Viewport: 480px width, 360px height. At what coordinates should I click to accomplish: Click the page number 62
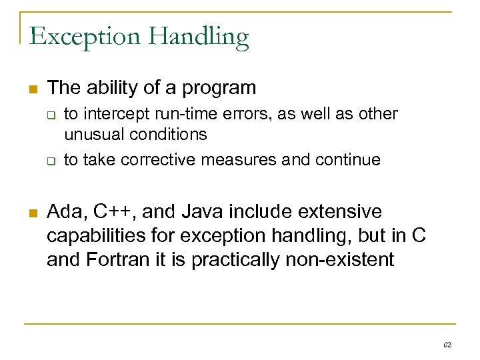(447, 345)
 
